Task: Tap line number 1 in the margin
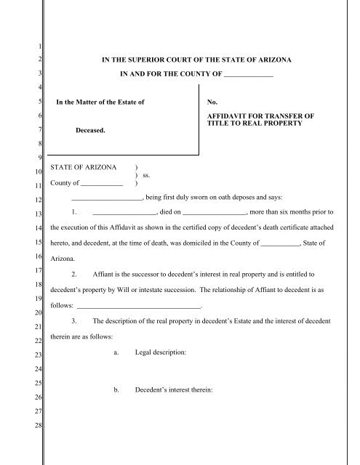point(40,49)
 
